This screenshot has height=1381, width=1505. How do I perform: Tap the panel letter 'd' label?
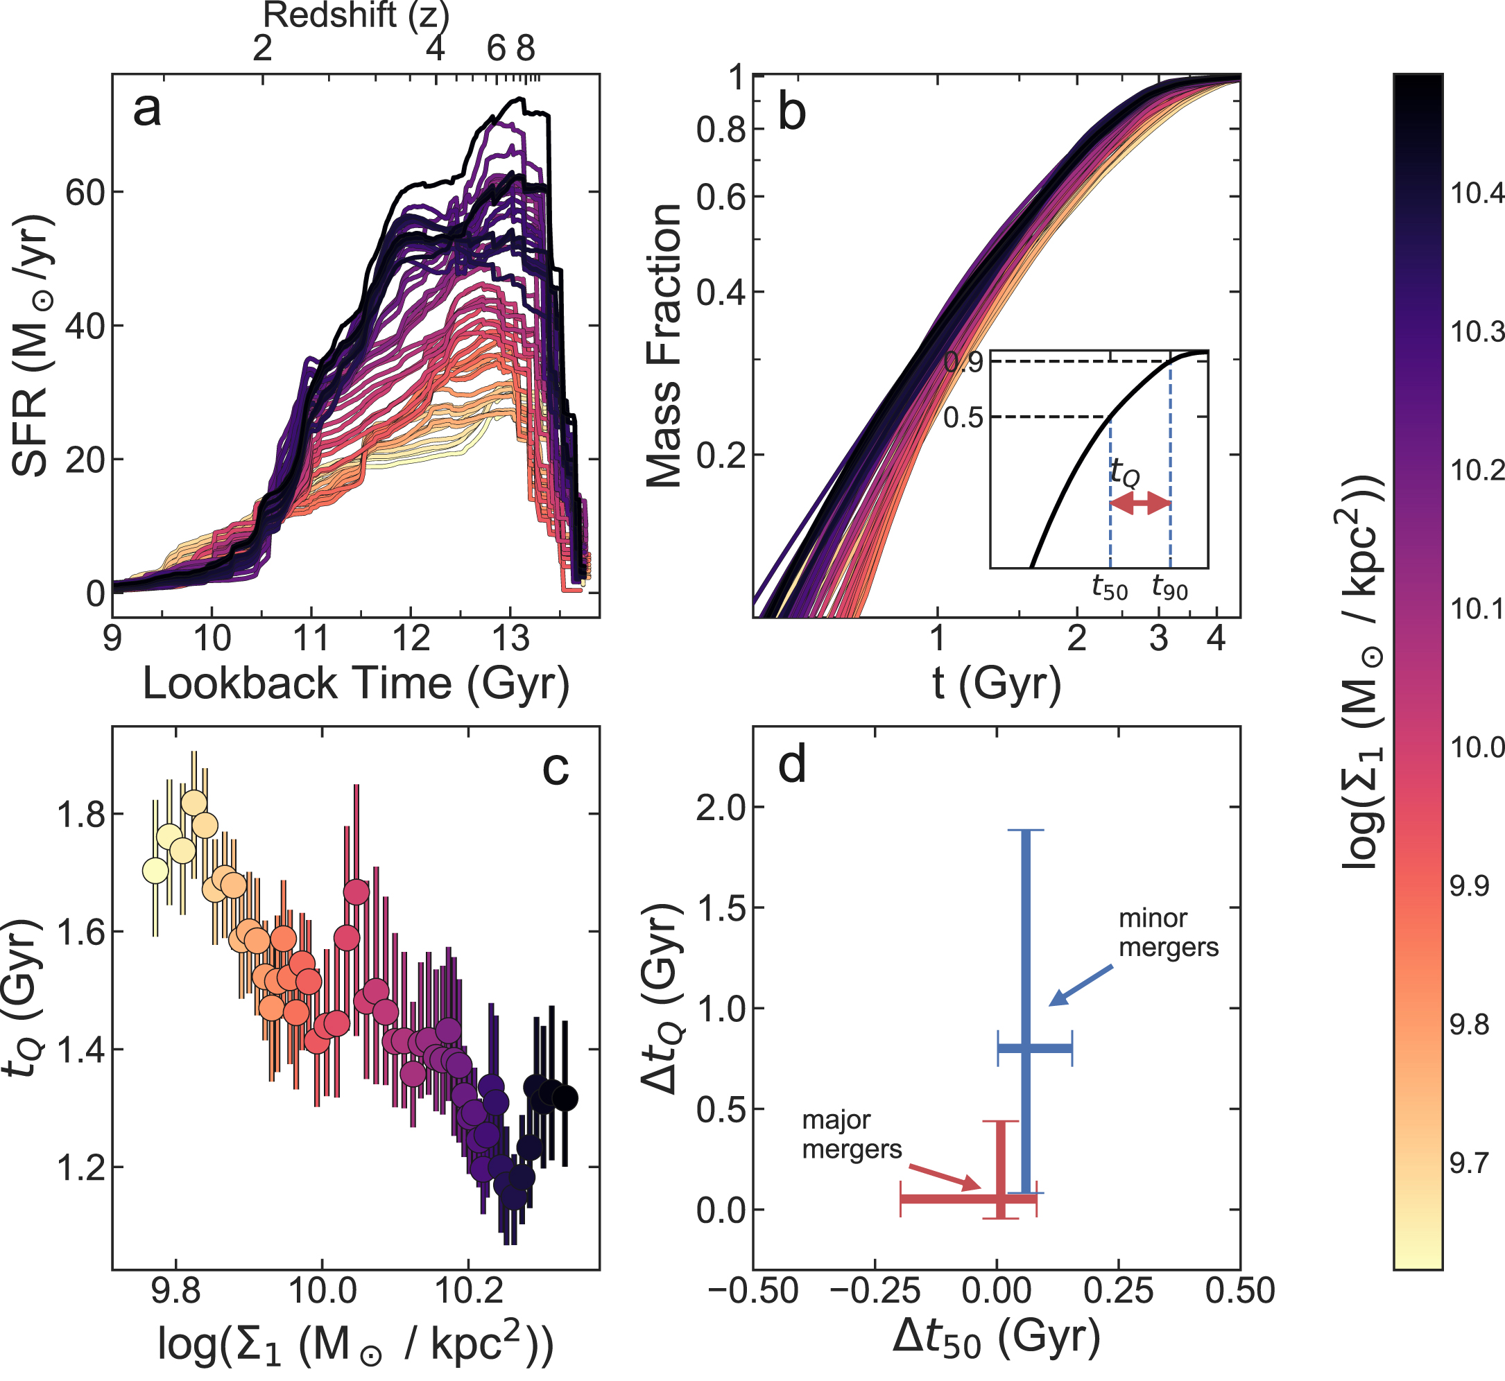point(792,767)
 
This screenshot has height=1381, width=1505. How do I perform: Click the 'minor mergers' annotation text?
point(1168,933)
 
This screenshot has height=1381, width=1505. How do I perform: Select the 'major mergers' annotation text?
point(852,1134)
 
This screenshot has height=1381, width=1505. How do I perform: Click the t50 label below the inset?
point(1110,587)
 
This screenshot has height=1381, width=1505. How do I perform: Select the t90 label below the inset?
point(1169,587)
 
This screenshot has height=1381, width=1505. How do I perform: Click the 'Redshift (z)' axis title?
point(356,15)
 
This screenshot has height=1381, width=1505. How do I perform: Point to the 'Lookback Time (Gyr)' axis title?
point(356,683)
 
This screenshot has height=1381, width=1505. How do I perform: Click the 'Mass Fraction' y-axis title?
point(664,345)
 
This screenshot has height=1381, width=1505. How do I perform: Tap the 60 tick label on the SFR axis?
point(85,193)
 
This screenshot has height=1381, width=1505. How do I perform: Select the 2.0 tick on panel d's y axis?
point(720,808)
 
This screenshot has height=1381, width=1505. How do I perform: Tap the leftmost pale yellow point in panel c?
point(155,871)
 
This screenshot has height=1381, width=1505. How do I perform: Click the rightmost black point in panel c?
point(565,1099)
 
